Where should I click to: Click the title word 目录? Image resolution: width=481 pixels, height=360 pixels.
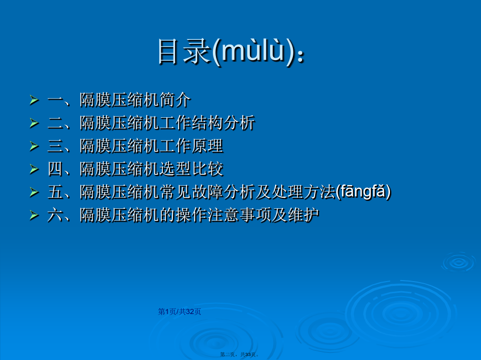(x=184, y=51)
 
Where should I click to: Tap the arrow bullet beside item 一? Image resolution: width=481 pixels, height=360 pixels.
(x=34, y=100)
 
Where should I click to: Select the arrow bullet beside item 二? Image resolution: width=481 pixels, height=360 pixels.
(x=34, y=123)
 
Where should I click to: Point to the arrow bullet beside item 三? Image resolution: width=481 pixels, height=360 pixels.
(x=34, y=146)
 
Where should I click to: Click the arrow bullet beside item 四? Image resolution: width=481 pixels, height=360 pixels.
(x=34, y=169)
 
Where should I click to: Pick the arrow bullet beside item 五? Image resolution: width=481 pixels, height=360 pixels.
(x=34, y=192)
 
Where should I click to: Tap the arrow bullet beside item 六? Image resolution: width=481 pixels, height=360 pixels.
(x=34, y=215)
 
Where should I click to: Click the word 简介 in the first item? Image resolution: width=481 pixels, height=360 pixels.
(x=175, y=100)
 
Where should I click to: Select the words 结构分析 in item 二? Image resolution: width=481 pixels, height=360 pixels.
(x=224, y=123)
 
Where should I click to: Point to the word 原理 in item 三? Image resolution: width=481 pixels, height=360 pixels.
(x=207, y=146)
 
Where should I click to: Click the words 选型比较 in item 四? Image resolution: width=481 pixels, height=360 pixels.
(x=191, y=169)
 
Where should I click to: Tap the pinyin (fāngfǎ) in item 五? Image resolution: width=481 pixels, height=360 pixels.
(x=364, y=192)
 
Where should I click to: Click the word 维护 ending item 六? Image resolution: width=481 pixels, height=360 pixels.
(x=303, y=215)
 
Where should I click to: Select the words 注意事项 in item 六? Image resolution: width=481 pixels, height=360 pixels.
(x=239, y=215)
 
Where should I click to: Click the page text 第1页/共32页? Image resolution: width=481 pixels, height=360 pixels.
(x=180, y=311)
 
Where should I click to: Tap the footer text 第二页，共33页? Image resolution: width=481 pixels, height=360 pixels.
(x=240, y=354)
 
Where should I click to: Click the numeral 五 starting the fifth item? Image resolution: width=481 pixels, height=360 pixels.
(x=56, y=192)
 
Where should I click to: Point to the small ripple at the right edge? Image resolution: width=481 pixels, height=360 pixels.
(x=459, y=262)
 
